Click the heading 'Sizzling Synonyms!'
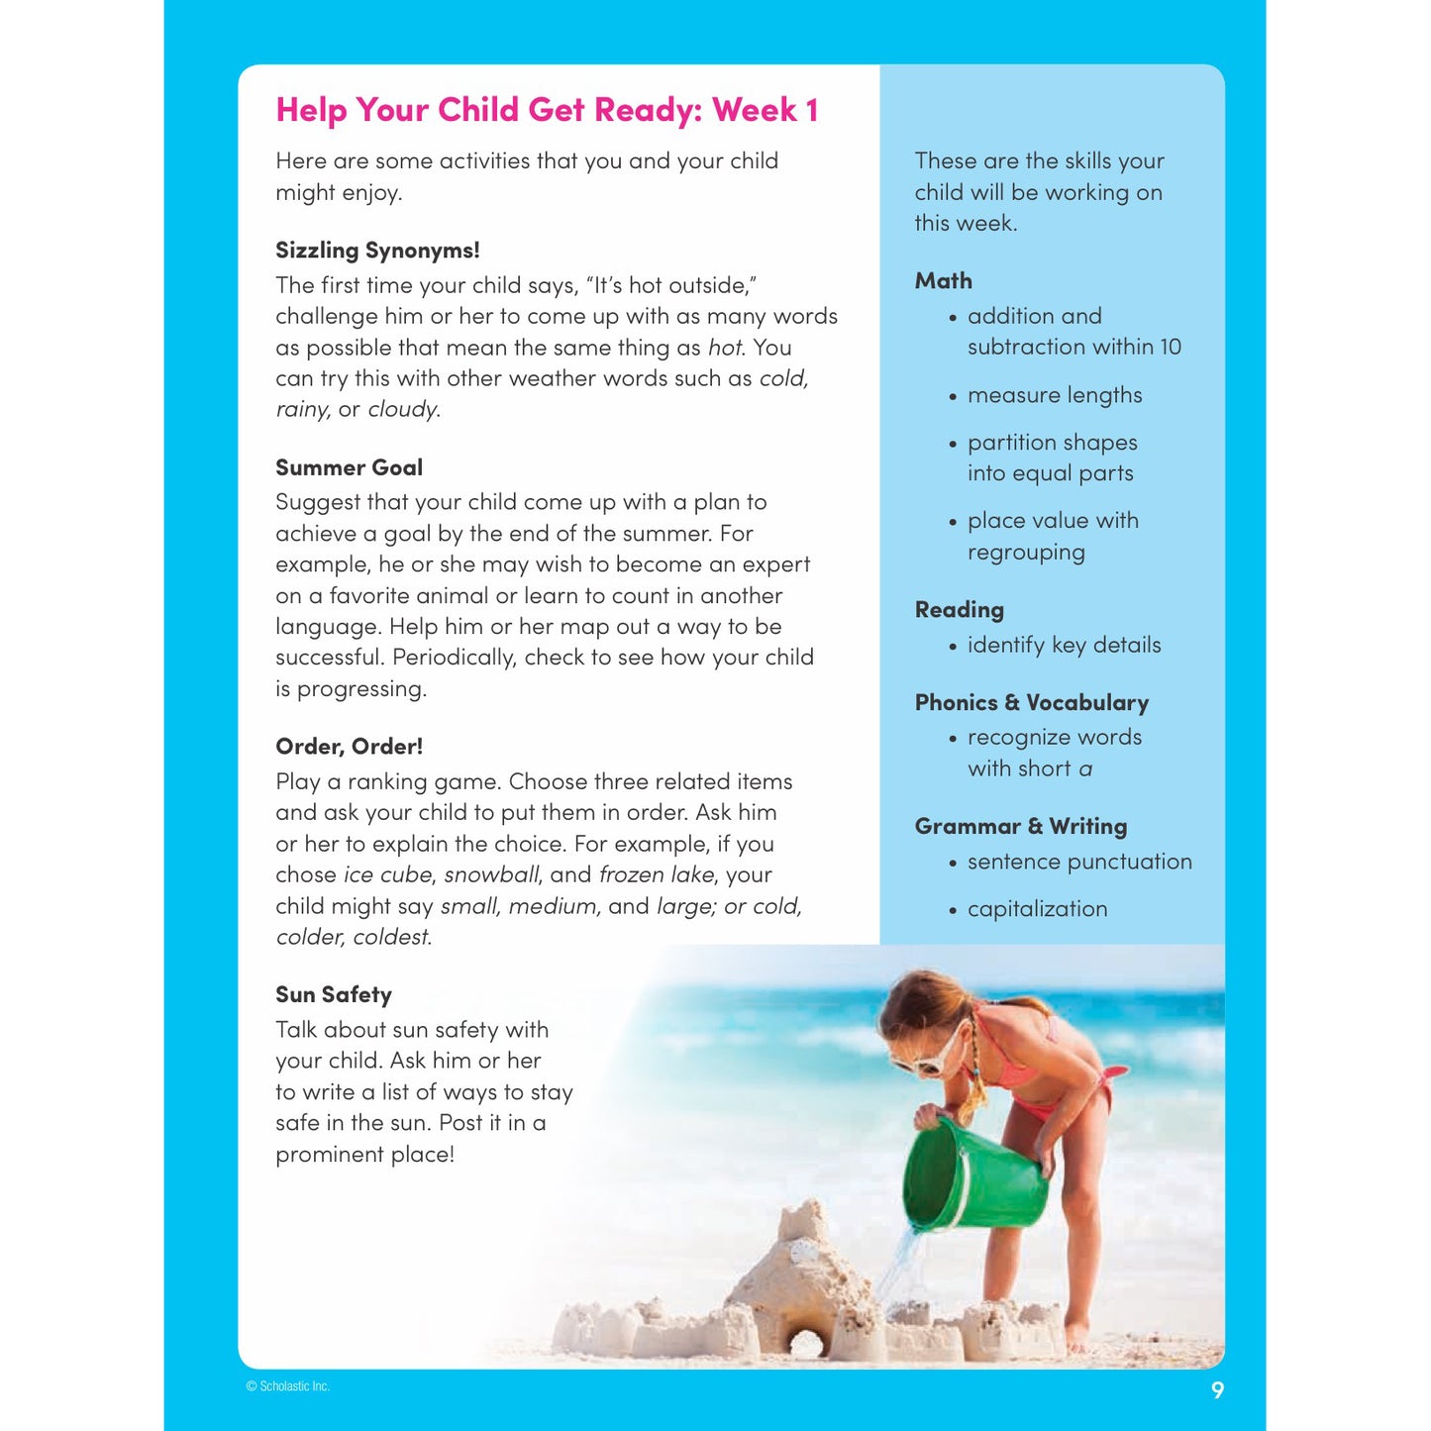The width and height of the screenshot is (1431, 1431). (377, 251)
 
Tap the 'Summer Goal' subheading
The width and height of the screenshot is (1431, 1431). (349, 467)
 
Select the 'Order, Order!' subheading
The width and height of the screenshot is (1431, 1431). (349, 747)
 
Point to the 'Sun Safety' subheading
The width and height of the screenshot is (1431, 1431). (334, 995)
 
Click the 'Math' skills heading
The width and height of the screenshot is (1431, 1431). (943, 281)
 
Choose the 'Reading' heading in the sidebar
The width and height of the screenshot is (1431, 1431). (959, 610)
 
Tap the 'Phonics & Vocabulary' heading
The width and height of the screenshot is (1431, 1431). (1031, 703)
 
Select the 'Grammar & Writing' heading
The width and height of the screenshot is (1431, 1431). (1020, 827)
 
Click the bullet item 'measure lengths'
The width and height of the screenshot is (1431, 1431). (1054, 395)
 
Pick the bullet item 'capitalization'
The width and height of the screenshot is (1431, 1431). (1037, 909)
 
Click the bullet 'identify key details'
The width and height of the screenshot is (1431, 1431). (1064, 646)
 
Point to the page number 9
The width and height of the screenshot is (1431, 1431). (1217, 1390)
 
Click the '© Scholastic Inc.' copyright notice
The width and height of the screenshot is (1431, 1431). (287, 1386)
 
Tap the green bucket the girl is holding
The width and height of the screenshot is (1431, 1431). (974, 1175)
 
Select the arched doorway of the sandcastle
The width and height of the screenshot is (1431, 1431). (806, 1344)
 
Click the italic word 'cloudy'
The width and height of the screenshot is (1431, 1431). (402, 410)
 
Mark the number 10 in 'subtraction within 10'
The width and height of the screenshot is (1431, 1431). (1170, 348)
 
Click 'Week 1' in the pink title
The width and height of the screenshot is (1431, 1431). (765, 110)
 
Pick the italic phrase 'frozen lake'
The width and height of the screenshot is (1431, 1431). (656, 875)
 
